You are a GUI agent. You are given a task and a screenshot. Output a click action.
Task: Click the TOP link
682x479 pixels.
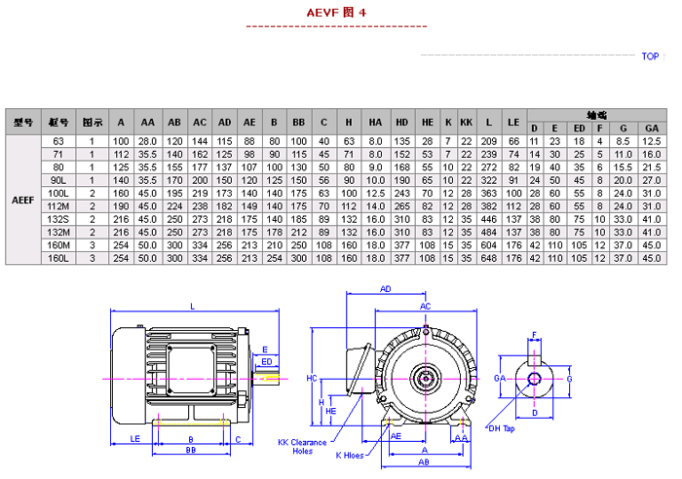pyautogui.click(x=650, y=56)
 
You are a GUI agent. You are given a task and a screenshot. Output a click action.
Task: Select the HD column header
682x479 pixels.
pyautogui.click(x=401, y=123)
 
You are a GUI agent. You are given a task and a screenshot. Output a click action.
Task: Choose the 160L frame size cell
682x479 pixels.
pyautogui.click(x=58, y=259)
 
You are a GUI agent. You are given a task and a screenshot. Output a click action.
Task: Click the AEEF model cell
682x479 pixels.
pyautogui.click(x=24, y=201)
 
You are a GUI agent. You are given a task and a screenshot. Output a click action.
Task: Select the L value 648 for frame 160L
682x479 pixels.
pyautogui.click(x=491, y=259)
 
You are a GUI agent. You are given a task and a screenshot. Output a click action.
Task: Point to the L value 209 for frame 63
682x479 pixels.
pyautogui.click(x=491, y=141)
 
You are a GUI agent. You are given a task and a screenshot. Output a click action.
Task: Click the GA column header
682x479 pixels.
pyautogui.click(x=651, y=129)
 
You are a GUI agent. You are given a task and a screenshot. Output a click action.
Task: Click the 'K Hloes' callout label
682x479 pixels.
pyautogui.click(x=352, y=456)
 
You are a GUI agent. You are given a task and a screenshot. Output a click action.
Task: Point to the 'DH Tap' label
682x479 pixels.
pyautogui.click(x=500, y=428)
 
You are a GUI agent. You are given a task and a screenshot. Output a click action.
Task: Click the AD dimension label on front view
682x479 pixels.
pyautogui.click(x=385, y=290)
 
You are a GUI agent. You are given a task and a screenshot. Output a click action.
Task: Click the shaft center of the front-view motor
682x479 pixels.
pyautogui.click(x=425, y=376)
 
